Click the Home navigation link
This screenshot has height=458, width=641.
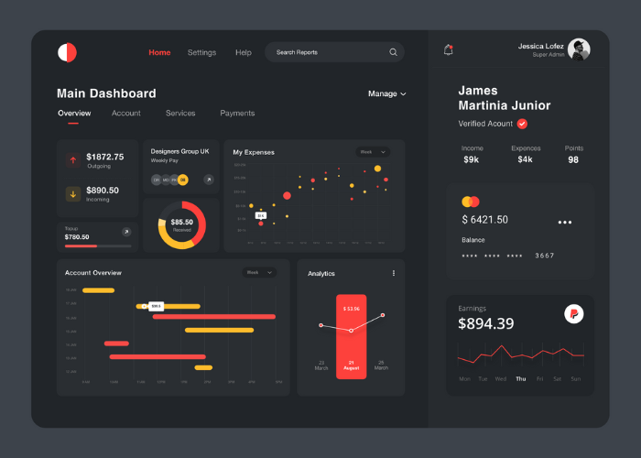click(159, 52)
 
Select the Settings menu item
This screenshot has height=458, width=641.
click(201, 52)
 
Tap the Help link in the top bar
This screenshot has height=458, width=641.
click(243, 52)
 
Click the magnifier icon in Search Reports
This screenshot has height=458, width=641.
click(394, 52)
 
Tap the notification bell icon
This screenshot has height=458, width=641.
click(448, 50)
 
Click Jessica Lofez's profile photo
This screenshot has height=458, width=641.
click(579, 49)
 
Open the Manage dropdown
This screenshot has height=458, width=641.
click(386, 93)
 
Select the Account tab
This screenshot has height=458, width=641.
click(125, 114)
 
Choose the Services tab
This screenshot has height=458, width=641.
click(180, 114)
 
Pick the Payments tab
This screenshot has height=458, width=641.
click(237, 114)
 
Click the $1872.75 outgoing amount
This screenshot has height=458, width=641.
click(104, 157)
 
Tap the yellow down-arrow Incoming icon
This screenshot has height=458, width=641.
click(72, 193)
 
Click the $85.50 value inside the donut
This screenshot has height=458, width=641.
click(182, 222)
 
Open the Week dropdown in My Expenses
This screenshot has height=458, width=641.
click(373, 152)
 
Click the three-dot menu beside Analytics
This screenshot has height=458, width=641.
click(394, 273)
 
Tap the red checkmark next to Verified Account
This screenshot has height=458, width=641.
click(522, 124)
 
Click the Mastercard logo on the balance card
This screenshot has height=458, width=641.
click(471, 202)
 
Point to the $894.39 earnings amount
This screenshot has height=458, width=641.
click(486, 323)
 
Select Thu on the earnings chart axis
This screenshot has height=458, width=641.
click(520, 378)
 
